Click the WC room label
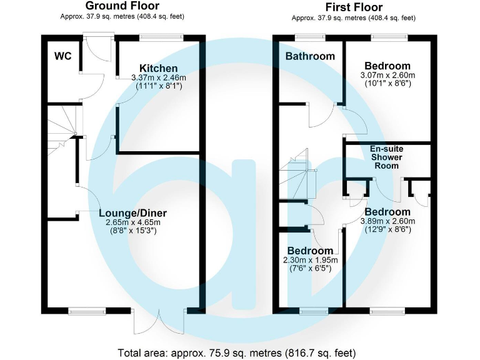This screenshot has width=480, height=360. click(x=62, y=56)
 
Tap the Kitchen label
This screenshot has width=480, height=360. click(x=159, y=68)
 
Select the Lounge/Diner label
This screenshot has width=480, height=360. click(x=133, y=213)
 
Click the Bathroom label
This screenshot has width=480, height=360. click(x=310, y=56)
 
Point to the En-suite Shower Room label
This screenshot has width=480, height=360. click(x=387, y=157)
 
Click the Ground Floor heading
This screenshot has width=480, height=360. click(x=122, y=6)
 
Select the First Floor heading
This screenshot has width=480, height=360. click(x=354, y=7)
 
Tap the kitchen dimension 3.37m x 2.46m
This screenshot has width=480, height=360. click(x=159, y=77)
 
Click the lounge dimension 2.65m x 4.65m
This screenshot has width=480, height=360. click(x=133, y=222)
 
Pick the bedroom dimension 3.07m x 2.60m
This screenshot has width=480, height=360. click(x=387, y=75)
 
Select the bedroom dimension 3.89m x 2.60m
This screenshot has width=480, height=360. click(x=387, y=221)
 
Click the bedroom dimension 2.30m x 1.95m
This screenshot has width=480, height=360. click(x=311, y=260)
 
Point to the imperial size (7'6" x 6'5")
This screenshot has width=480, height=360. click(x=311, y=269)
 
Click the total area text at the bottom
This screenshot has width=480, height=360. click(x=237, y=353)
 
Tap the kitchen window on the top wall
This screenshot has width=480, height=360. click(x=161, y=37)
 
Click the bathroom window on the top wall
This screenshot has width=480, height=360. click(x=310, y=37)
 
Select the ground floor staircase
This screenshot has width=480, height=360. click(x=62, y=130)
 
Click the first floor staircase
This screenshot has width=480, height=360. click(x=297, y=174)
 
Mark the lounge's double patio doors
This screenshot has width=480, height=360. click(x=159, y=321)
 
